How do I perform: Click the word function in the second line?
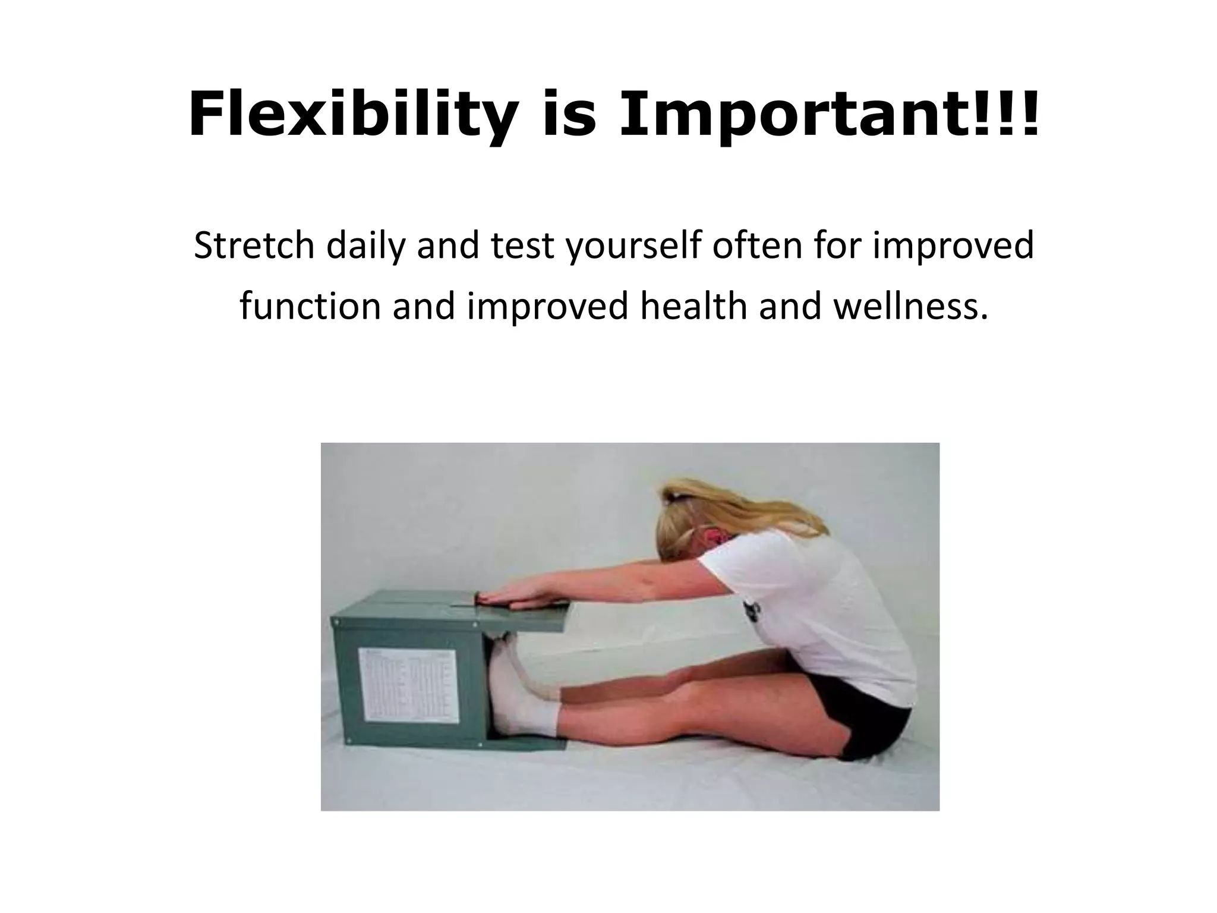coord(310,306)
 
